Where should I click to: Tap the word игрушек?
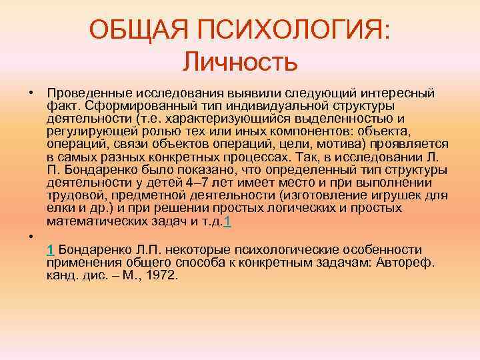tap(395, 195)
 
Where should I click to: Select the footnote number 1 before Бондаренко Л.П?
tap(51, 249)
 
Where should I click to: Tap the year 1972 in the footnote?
tap(163, 275)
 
